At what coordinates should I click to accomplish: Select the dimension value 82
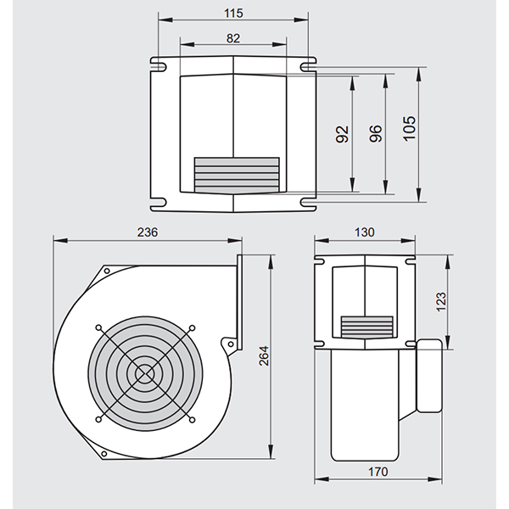[233, 38]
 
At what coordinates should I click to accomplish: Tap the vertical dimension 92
[343, 133]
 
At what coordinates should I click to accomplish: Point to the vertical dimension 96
[377, 133]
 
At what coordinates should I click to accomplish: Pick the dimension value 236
[146, 232]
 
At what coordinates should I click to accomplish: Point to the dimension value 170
[378, 472]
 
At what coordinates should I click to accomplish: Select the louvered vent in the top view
[237, 173]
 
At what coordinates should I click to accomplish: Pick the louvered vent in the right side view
[367, 326]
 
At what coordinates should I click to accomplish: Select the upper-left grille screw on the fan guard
[100, 327]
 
